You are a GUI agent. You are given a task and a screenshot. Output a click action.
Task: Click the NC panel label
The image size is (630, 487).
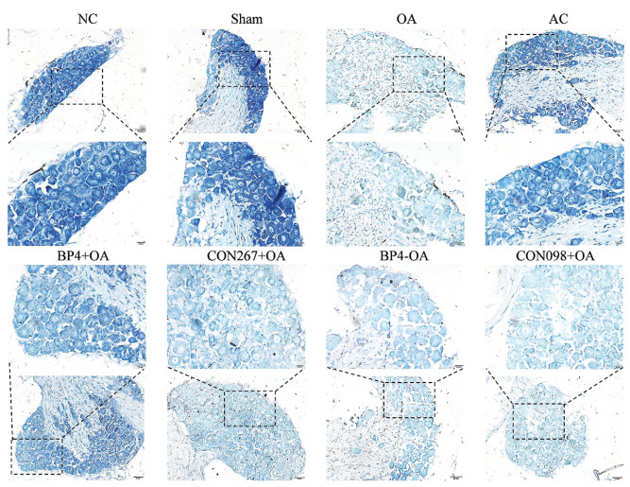(87, 19)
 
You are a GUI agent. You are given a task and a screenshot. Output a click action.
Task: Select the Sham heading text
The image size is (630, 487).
(247, 19)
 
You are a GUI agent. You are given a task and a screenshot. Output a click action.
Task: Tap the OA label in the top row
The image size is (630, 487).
(406, 19)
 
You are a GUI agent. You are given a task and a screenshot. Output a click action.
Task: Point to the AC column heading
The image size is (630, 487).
(559, 19)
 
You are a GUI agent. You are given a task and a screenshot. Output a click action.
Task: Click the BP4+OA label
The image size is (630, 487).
(83, 255)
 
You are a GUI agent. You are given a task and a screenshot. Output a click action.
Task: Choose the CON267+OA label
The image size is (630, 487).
(246, 255)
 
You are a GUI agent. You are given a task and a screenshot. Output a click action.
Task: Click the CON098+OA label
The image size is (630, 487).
(554, 255)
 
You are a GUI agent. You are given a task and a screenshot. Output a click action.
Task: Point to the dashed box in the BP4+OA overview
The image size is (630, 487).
(37, 439)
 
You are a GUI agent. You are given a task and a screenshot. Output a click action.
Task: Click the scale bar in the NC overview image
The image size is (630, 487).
(140, 130)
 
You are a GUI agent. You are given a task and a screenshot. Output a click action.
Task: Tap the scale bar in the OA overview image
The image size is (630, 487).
(456, 130)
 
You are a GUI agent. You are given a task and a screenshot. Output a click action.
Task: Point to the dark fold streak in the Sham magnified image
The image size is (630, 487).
(278, 196)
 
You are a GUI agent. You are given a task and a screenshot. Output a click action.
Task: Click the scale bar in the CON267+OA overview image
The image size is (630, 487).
(299, 478)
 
